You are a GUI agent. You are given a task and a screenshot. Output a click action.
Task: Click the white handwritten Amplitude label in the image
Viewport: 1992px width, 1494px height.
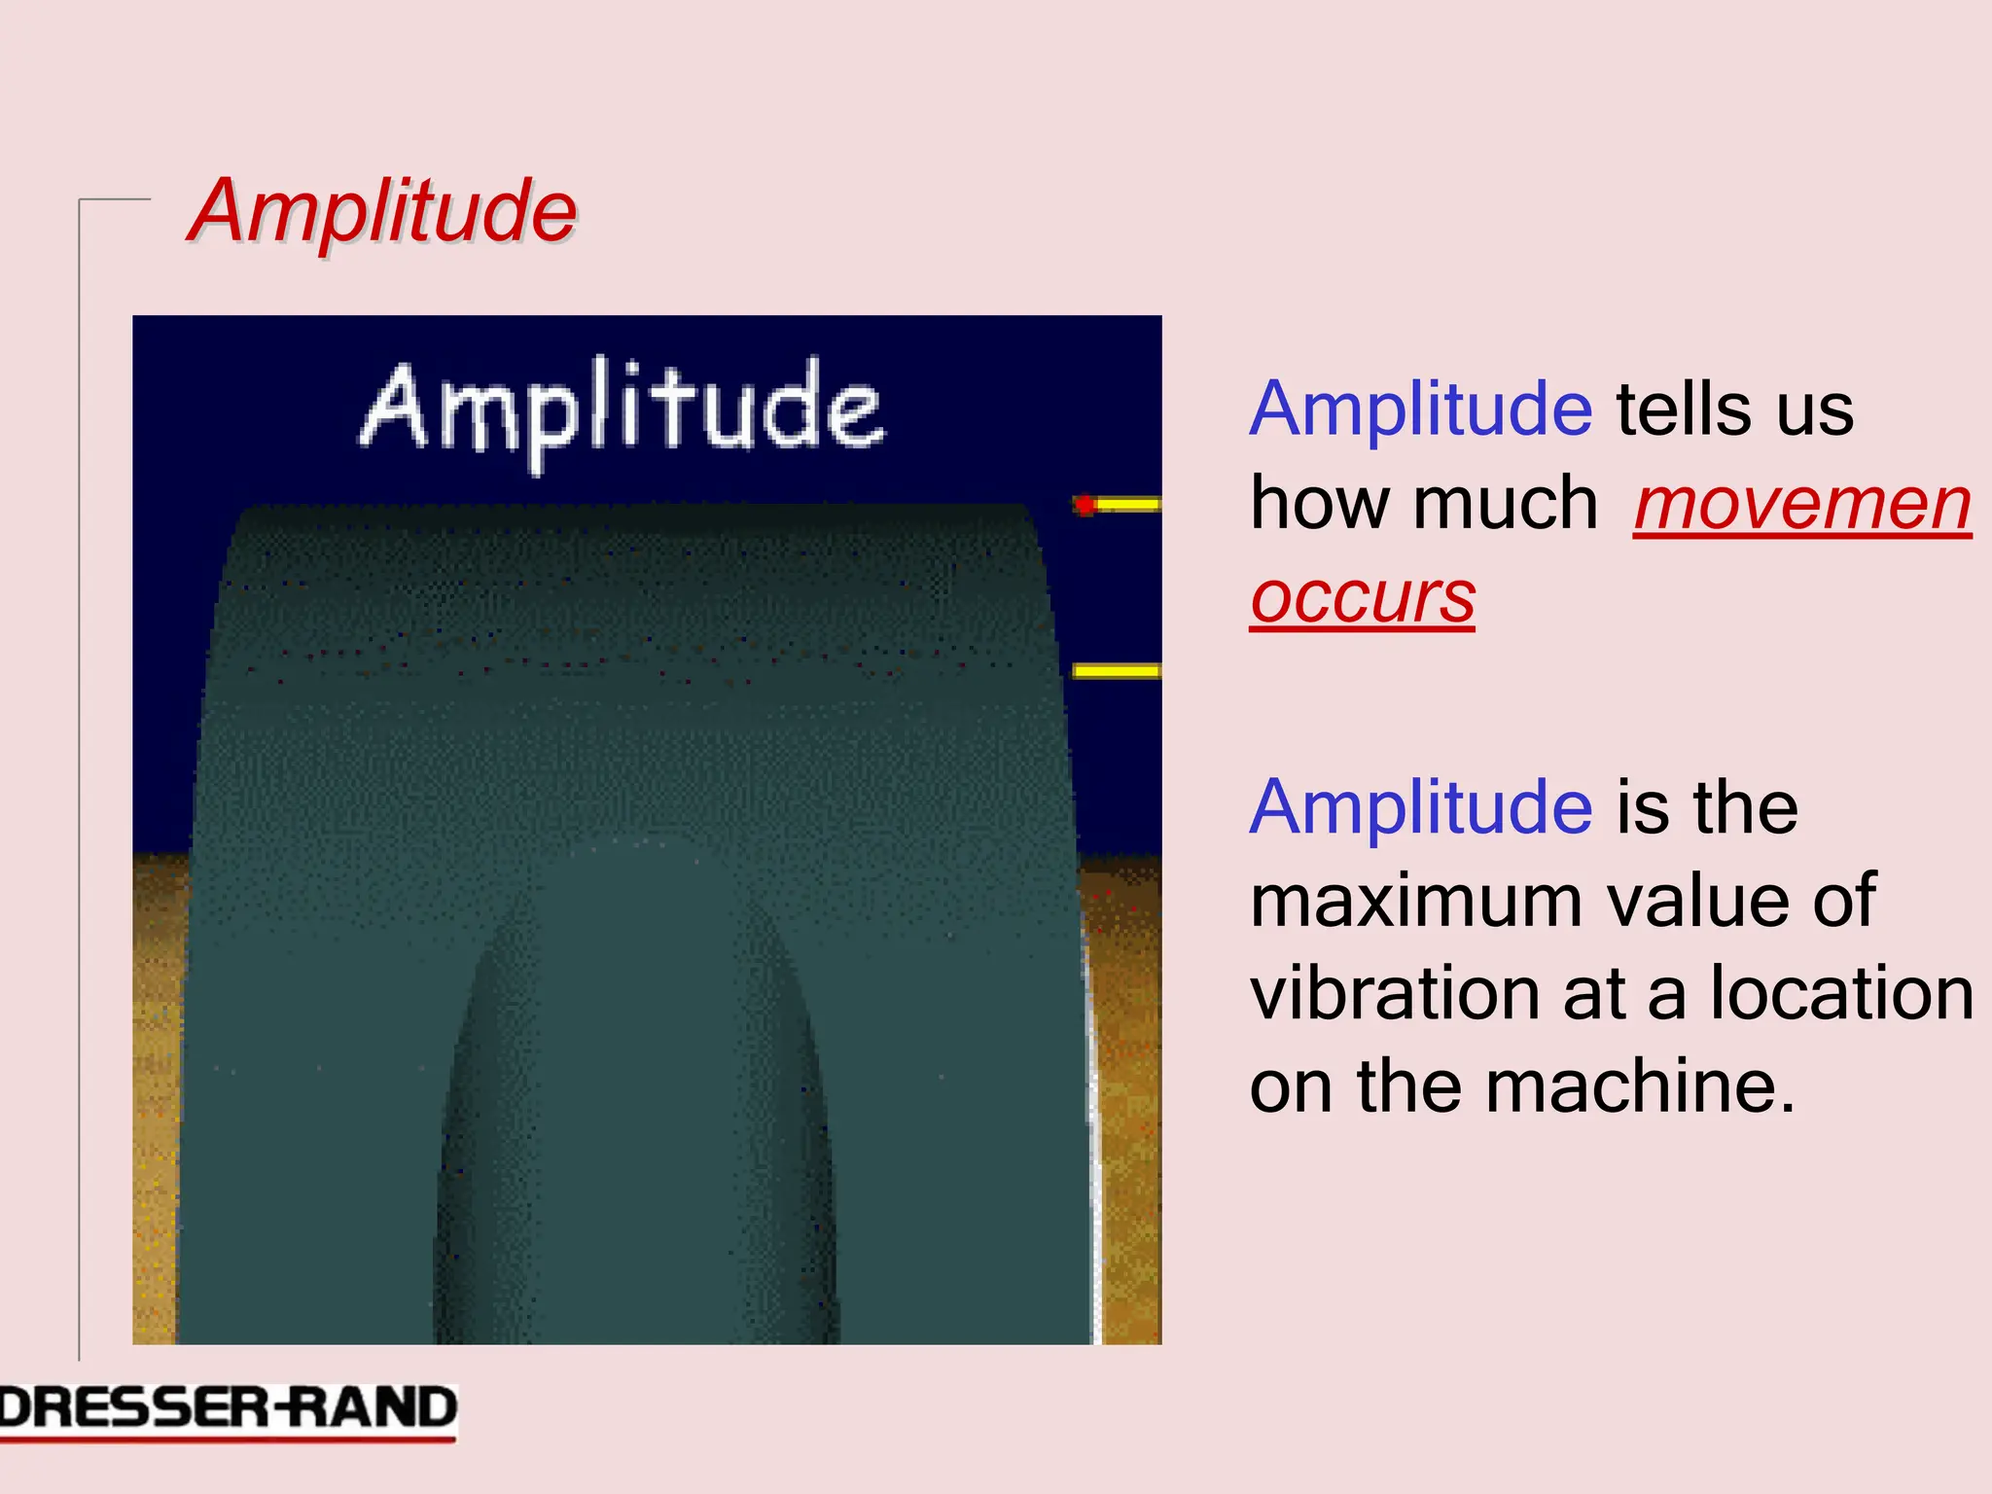point(622,409)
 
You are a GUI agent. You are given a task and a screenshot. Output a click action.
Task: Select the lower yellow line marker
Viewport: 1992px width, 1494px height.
point(1117,670)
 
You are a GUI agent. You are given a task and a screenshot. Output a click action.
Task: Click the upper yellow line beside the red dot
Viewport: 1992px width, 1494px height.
point(1128,504)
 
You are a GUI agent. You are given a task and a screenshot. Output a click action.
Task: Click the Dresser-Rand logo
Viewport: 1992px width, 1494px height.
point(228,1408)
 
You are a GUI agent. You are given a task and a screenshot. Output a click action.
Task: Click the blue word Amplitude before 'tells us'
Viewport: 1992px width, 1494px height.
point(1421,409)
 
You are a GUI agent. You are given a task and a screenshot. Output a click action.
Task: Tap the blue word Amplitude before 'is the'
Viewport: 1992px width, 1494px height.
point(1421,807)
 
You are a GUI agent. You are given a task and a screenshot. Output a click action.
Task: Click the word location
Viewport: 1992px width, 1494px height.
point(1841,993)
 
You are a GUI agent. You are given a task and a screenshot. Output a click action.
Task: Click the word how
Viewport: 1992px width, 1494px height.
point(1323,504)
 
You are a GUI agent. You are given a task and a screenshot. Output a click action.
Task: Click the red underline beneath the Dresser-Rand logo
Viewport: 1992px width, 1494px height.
point(228,1438)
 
